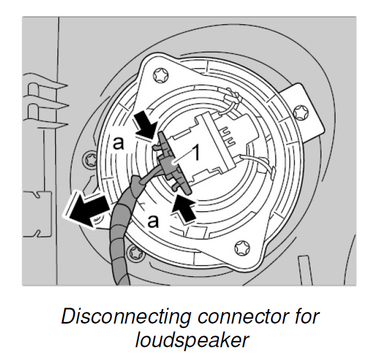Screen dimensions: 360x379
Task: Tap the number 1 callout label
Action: [x=196, y=154]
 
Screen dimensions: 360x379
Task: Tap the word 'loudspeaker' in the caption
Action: [x=192, y=340]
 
